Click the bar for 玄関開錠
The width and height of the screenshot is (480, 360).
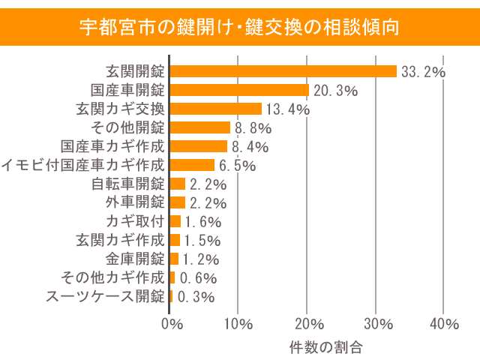click(283, 71)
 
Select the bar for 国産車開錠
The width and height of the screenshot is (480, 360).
click(239, 90)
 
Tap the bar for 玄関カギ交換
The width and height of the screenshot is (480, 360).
click(216, 109)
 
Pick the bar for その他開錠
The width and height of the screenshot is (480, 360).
click(200, 127)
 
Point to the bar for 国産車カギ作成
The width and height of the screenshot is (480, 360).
click(199, 146)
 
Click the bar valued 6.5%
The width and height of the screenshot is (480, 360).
click(192, 165)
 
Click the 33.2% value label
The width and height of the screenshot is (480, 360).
click(424, 72)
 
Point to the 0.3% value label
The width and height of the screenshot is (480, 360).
click(196, 297)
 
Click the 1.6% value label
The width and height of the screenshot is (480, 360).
click(202, 222)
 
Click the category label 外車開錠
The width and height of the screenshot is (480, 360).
click(135, 202)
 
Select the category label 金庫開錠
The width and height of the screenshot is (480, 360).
click(135, 259)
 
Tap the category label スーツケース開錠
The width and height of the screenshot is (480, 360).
click(105, 296)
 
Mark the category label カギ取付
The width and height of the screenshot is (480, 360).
click(135, 221)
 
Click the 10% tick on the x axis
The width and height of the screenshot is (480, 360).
click(238, 324)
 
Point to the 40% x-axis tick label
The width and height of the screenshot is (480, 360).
click(444, 324)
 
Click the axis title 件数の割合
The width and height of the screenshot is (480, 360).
click(325, 347)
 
